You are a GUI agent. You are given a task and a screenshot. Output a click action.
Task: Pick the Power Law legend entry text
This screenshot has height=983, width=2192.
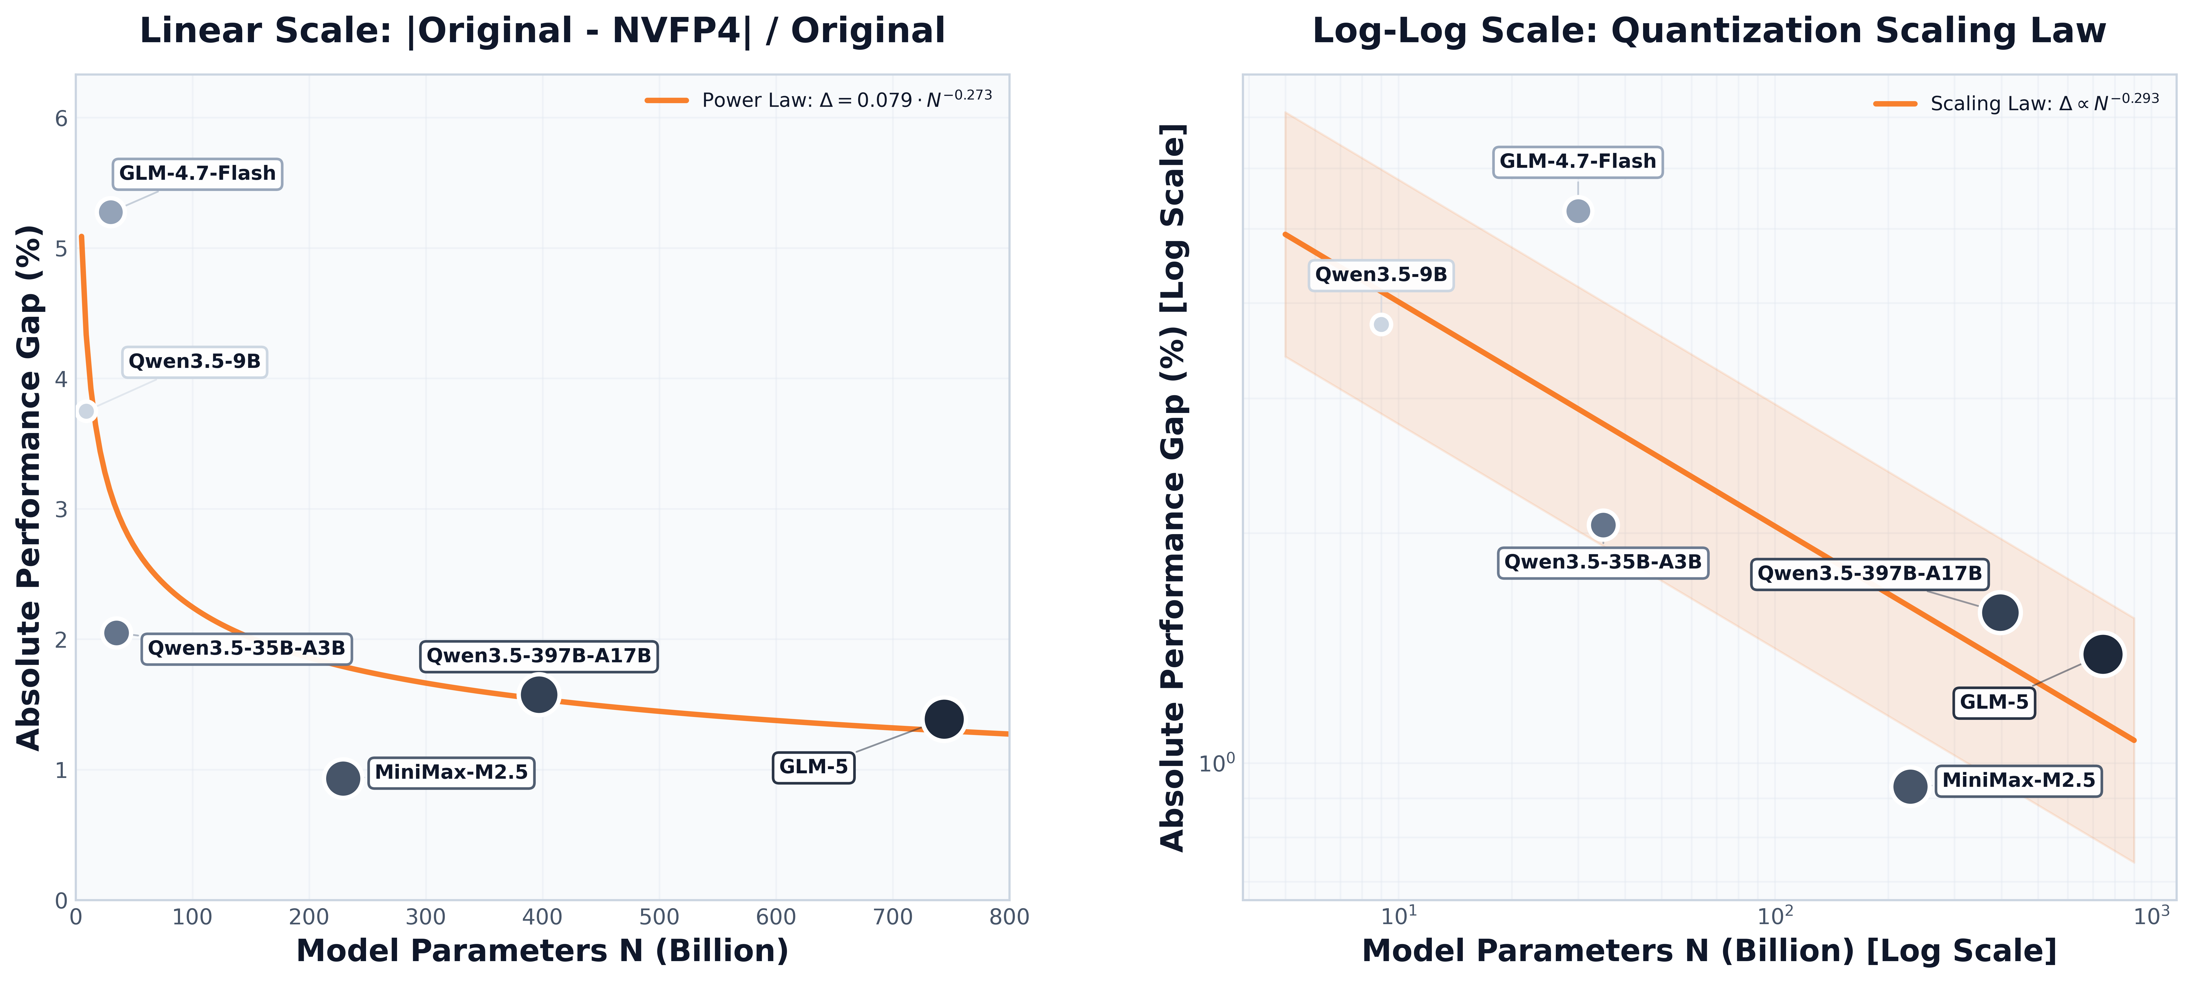(847, 100)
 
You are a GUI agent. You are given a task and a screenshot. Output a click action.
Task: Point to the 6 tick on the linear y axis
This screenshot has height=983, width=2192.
(61, 118)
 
